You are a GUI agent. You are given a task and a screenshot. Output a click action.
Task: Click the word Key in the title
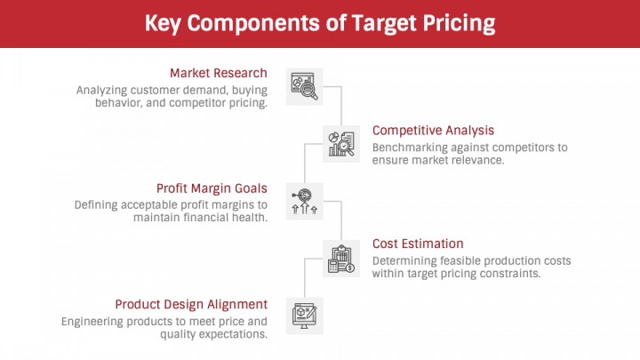pos(169,23)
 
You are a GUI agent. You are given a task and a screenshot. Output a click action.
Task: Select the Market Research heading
pos(218,73)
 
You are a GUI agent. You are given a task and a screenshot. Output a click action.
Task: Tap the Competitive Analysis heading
pos(433,131)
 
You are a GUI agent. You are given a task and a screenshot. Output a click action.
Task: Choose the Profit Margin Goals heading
pos(212,188)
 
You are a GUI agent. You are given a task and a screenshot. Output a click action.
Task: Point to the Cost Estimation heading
pos(418,244)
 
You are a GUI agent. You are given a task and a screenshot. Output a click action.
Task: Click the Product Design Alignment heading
pos(191,303)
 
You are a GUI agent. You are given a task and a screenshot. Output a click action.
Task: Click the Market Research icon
pos(305,85)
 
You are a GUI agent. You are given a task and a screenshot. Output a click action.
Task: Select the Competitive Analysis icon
pos(341,142)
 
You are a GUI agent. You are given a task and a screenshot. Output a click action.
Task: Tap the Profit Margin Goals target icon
pos(305,200)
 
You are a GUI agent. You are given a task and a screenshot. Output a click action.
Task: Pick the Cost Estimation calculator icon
pos(341,258)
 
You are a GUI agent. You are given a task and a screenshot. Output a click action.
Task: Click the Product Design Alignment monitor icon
pos(305,316)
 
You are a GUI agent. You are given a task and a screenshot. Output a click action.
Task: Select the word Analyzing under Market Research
pos(103,90)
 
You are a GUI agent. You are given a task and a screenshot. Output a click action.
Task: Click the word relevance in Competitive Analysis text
pos(479,160)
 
